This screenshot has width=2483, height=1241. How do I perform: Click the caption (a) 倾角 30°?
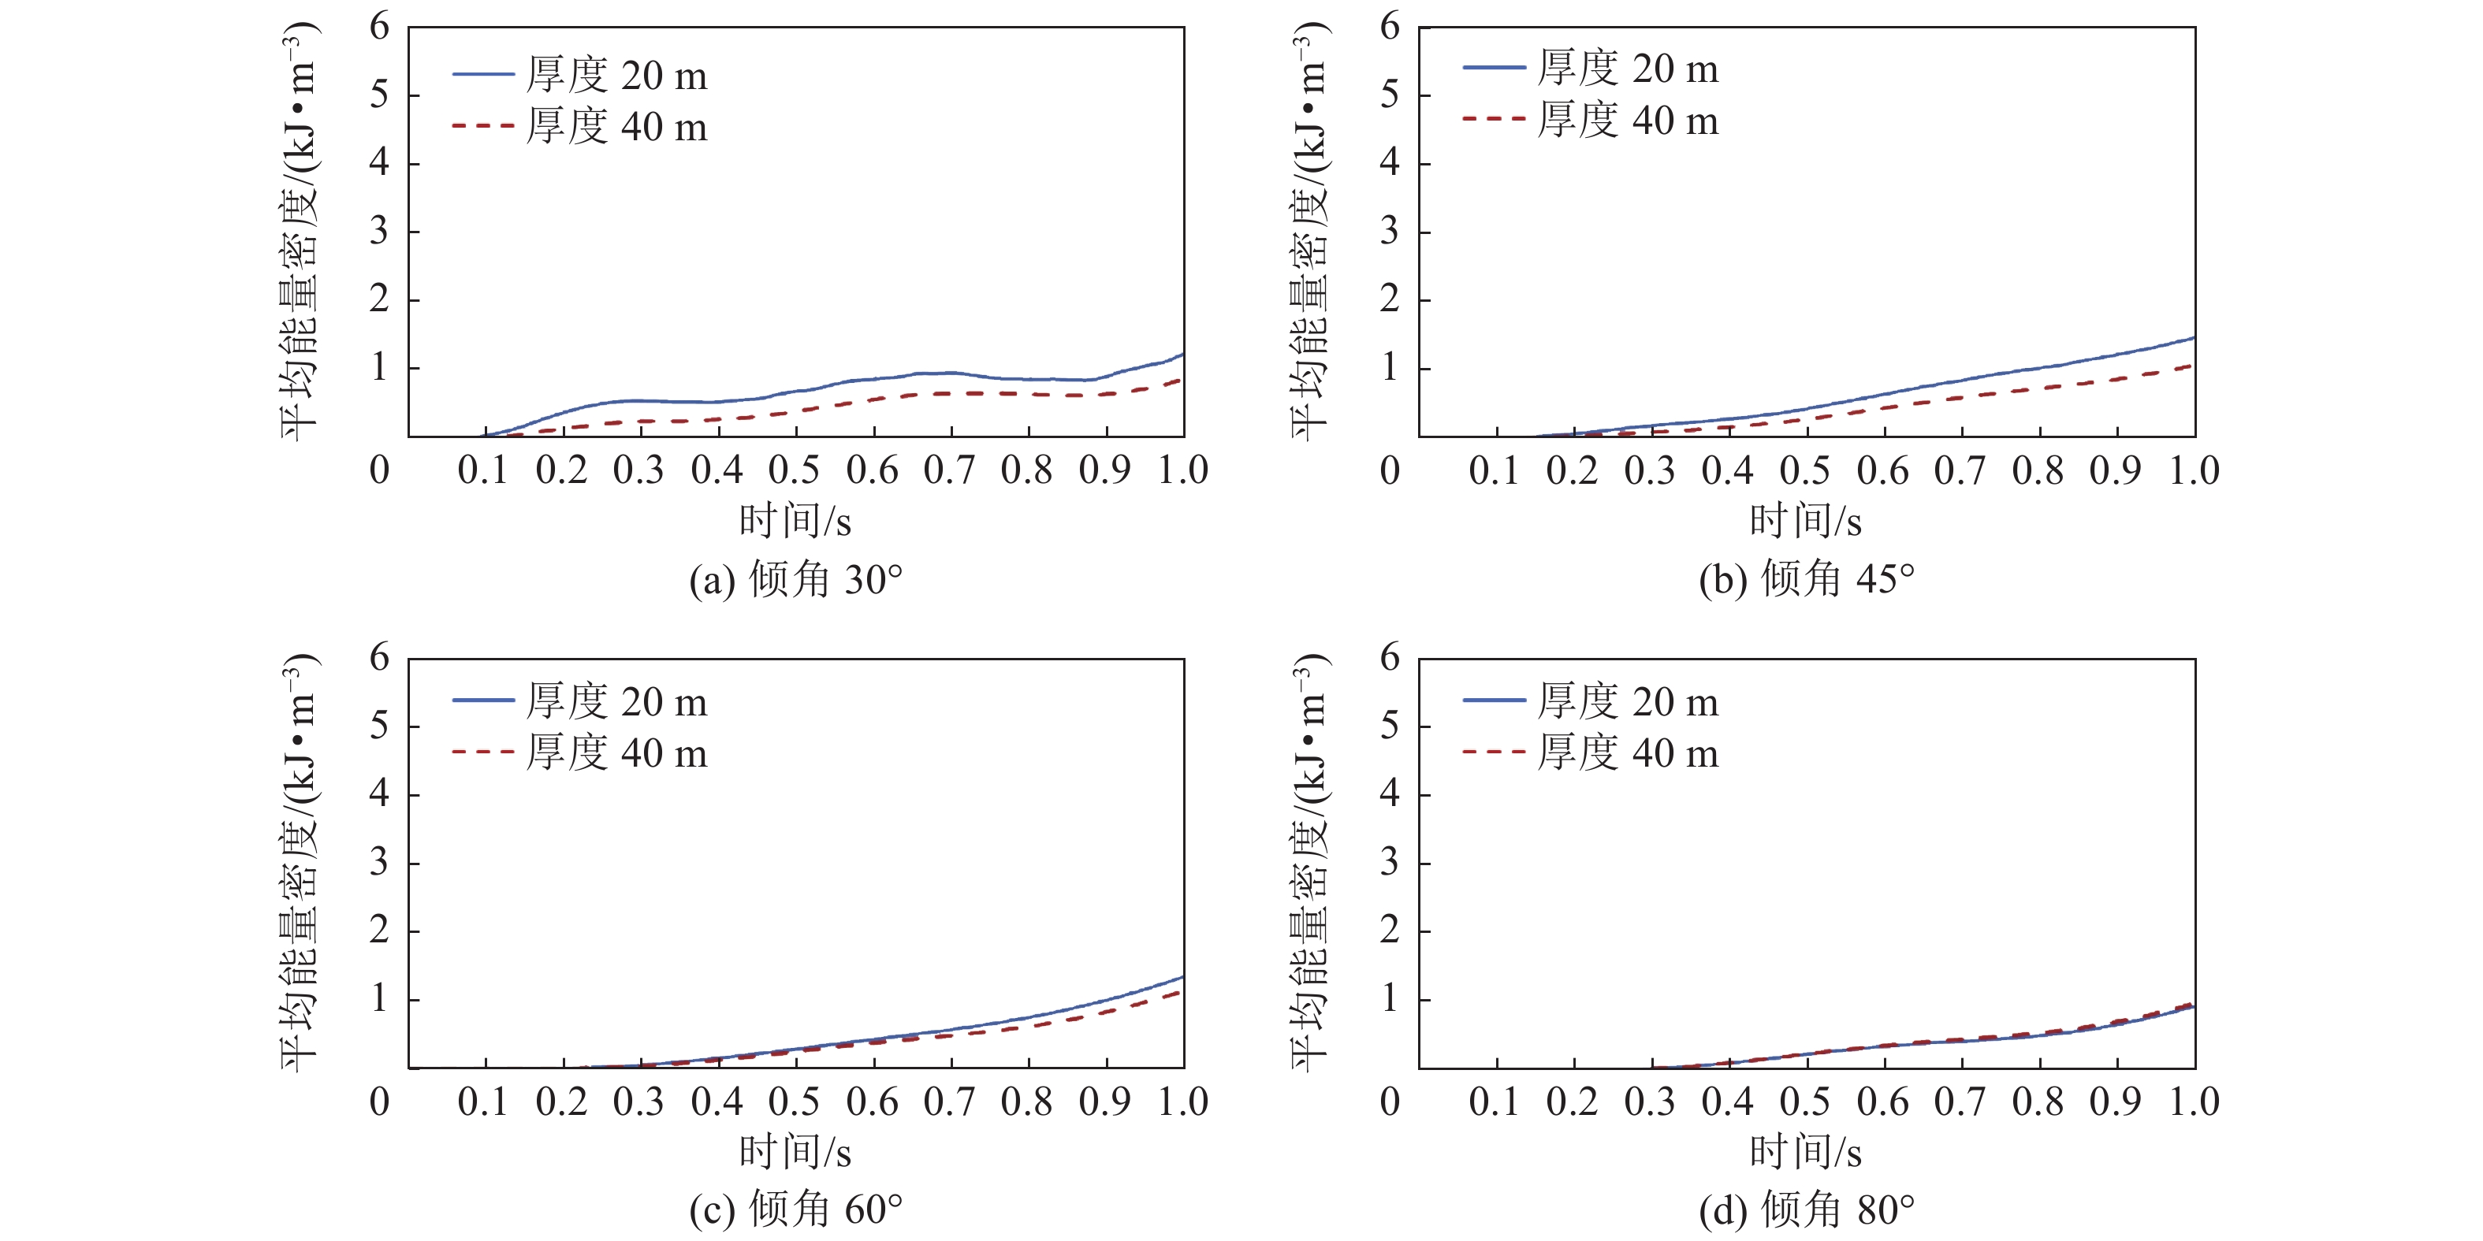pos(796,580)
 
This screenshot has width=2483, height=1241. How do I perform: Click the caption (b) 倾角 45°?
pos(1807,580)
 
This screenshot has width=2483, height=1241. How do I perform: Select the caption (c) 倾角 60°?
pos(796,1210)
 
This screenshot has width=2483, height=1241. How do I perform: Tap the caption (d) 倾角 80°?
pos(1807,1210)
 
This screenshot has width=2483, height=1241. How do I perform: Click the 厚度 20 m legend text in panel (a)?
pos(617,75)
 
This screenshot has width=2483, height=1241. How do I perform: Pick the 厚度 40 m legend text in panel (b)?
pos(1628,121)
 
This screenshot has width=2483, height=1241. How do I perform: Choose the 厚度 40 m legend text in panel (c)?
pos(617,752)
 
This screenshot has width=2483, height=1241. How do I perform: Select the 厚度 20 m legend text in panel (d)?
pos(1628,701)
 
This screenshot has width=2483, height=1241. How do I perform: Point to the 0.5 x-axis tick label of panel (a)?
pos(795,470)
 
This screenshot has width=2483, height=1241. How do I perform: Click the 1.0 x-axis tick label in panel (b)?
pos(2194,470)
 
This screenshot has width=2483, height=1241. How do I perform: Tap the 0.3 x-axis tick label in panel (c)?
pos(638,1102)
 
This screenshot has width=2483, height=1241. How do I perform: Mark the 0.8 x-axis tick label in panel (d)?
pos(2038,1102)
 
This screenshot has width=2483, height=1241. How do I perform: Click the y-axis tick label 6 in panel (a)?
pos(380,27)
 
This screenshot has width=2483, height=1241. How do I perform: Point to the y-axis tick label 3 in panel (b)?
pos(1389,232)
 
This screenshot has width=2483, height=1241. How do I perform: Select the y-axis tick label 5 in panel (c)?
pos(380,726)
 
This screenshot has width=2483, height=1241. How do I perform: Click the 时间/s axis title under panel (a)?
pos(795,522)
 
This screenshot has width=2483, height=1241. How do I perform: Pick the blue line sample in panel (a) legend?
pos(483,74)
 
